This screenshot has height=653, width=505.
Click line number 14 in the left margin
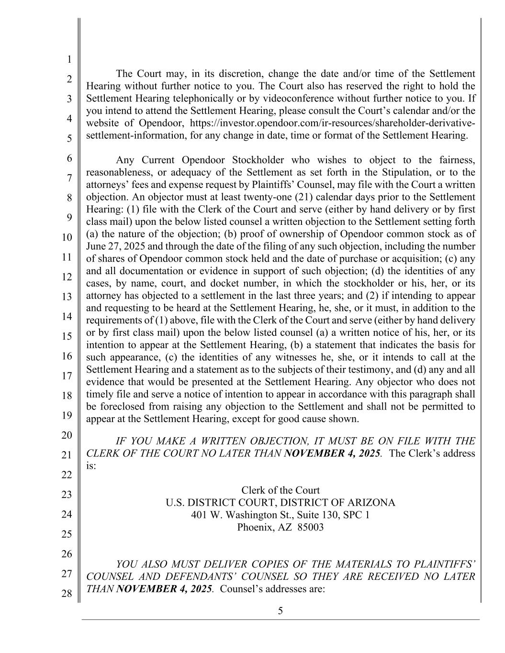(66, 316)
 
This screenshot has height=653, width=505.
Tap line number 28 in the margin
(66, 594)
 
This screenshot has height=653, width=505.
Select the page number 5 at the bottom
(281, 610)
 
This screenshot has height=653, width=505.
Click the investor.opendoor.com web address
(333, 123)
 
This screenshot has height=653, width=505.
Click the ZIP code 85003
(310, 527)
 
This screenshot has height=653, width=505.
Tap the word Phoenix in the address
(254, 527)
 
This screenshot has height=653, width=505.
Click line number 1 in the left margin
(69, 59)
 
